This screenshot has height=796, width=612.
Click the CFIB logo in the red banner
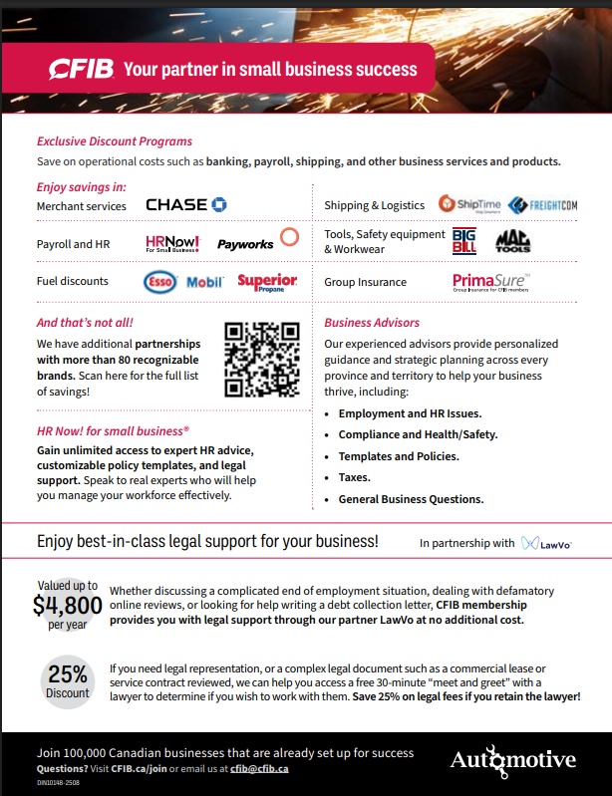click(82, 69)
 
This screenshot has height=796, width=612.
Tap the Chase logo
click(186, 205)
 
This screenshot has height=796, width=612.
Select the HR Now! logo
click(172, 243)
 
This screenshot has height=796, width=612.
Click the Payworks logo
click(244, 243)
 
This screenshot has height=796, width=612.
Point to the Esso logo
click(159, 282)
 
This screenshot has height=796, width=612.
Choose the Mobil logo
click(205, 282)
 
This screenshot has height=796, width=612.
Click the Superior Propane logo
click(267, 282)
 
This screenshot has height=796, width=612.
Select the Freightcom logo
click(542, 205)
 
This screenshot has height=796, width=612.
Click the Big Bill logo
click(464, 241)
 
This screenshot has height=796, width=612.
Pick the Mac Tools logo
click(513, 241)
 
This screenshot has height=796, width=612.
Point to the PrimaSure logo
click(490, 282)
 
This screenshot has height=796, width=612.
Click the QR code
click(262, 360)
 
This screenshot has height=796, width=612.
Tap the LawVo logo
click(546, 544)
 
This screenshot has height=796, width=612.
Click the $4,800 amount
click(67, 606)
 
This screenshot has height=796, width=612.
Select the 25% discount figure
click(68, 674)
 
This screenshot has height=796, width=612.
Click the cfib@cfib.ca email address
click(260, 767)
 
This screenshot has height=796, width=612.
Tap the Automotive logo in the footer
click(512, 761)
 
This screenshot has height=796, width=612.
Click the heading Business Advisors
click(372, 323)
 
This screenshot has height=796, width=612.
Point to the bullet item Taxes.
click(355, 477)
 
